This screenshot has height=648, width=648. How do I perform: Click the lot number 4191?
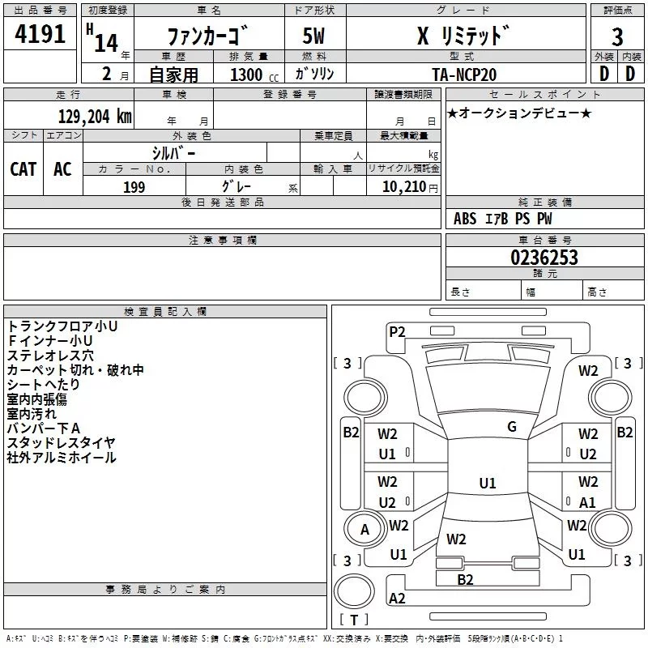40,36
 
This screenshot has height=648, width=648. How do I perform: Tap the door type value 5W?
314,36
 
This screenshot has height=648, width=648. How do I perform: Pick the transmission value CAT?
23,168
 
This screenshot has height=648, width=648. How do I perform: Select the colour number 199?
134,187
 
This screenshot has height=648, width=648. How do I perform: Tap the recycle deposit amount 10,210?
403,187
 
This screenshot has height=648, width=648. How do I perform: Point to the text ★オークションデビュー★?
518,112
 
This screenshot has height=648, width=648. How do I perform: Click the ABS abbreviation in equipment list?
465,219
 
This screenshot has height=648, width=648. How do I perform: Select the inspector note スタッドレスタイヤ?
62,442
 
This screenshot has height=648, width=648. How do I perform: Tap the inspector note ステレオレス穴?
50,355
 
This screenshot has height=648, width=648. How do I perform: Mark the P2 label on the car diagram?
397,330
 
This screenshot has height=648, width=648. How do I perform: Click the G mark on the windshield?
511,427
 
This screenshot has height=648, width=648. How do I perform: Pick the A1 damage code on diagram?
588,502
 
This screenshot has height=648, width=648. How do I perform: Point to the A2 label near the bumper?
397,599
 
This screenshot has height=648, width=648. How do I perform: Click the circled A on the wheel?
364,530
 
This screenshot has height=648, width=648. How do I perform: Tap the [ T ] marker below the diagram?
354,620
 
